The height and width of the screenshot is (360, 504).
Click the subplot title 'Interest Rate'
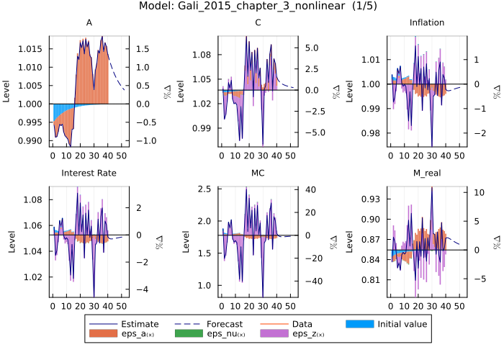89,173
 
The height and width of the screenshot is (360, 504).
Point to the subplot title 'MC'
258,173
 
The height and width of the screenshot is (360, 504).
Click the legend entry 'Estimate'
140,324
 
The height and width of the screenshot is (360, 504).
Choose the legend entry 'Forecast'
224,324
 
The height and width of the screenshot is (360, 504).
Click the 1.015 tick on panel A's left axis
32,49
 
